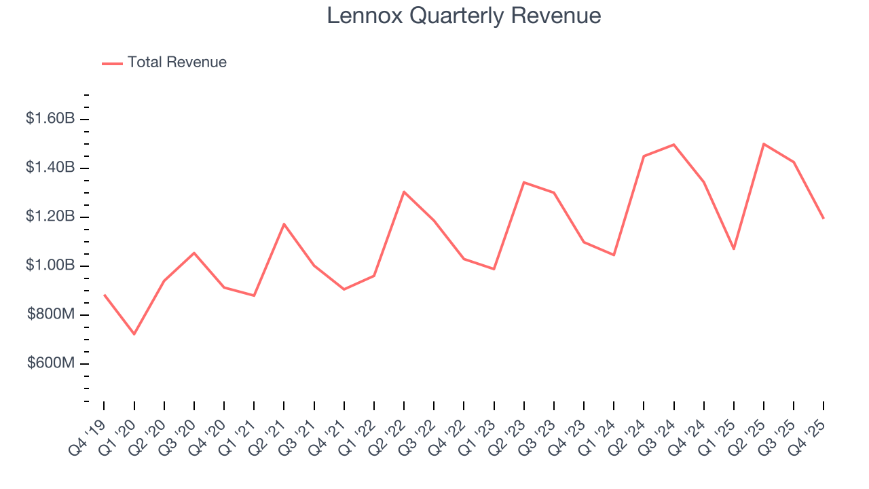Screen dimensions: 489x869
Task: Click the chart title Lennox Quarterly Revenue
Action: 464,16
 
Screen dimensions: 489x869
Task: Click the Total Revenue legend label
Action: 177,62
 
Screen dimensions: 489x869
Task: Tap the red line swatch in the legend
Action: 112,63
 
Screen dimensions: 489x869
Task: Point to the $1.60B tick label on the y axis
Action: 50,119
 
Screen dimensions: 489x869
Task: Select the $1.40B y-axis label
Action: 50,168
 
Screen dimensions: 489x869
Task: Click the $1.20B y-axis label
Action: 50,217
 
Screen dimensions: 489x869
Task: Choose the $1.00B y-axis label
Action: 50,266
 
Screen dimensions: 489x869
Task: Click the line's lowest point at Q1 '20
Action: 134,334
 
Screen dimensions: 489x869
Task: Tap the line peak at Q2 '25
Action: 764,144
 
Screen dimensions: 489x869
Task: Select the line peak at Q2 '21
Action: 284,223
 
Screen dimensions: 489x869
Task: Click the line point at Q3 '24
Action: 673,145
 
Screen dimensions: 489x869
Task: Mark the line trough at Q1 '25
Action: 734,249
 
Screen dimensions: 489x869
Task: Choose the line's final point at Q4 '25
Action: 824,218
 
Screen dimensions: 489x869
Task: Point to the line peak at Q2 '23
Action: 524,182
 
